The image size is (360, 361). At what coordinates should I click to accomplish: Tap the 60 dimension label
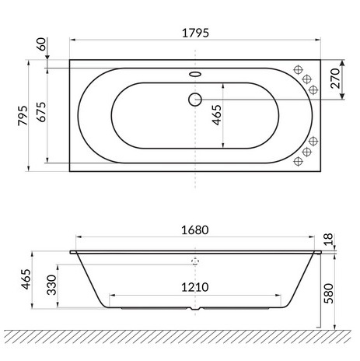[x=39, y=46]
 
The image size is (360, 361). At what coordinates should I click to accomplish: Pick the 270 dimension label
[x=335, y=80]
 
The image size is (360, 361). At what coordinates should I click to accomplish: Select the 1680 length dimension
[x=195, y=232]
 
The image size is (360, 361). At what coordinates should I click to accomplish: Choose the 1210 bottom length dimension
[x=195, y=287]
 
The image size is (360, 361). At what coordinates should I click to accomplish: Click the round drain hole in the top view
[x=194, y=99]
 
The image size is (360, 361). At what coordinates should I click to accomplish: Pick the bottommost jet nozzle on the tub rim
[x=298, y=163]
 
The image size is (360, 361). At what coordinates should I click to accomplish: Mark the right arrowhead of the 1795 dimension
[x=319, y=37]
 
